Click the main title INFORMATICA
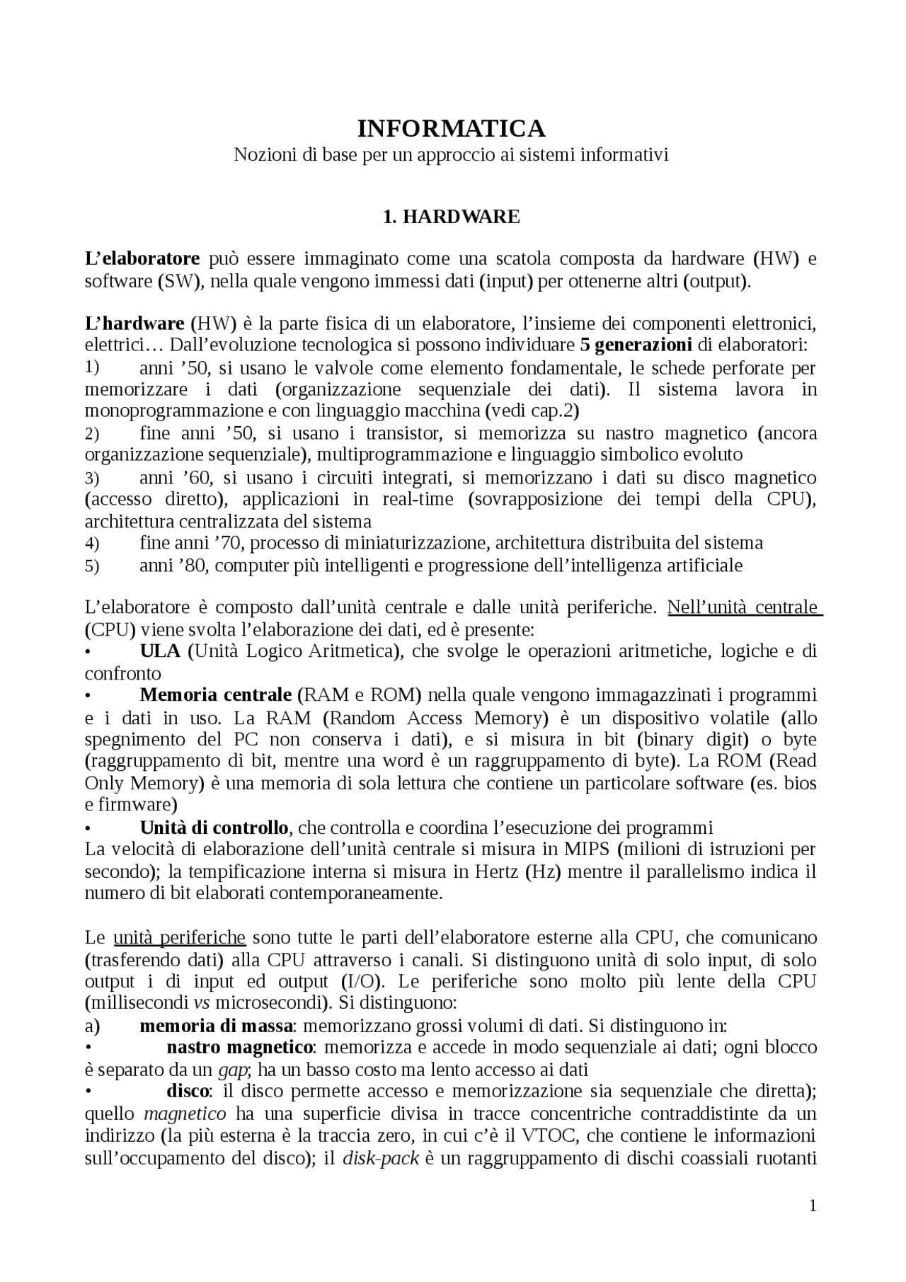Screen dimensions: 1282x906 tap(452, 129)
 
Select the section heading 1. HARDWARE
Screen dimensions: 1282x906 tap(452, 217)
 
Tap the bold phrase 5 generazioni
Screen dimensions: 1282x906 tap(636, 345)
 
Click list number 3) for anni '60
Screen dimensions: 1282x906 tap(92, 478)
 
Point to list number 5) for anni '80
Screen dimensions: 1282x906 tap(92, 566)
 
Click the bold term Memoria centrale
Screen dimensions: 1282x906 tap(216, 695)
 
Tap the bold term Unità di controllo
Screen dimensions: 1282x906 tap(214, 828)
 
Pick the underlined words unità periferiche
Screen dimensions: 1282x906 tap(179, 938)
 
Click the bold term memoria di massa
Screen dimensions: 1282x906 tap(216, 1026)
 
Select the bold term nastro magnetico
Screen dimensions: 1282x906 tap(240, 1047)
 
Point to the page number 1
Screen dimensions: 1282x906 tap(813, 1206)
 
